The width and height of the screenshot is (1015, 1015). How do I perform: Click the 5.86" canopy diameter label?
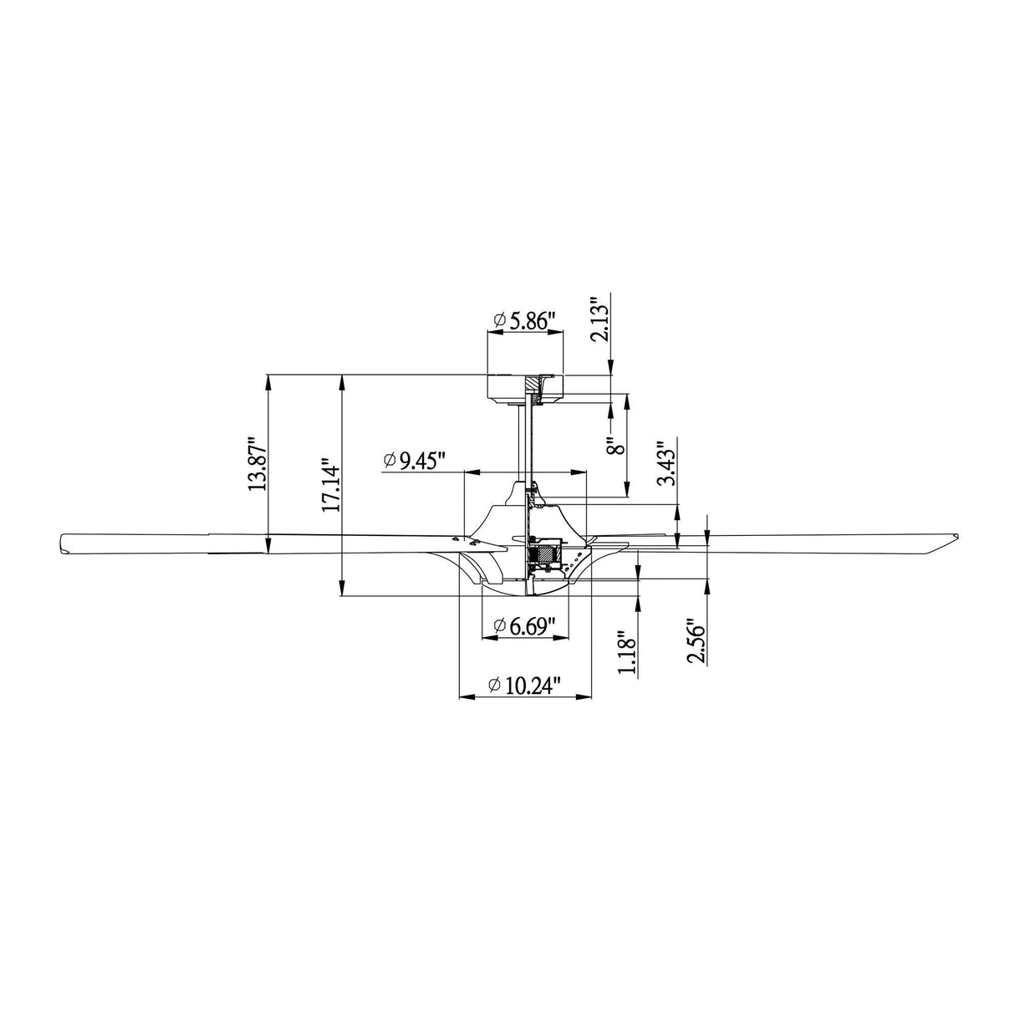tap(525, 321)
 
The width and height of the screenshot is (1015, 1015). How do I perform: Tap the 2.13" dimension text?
tap(599, 319)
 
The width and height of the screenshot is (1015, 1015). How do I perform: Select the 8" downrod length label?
tap(617, 446)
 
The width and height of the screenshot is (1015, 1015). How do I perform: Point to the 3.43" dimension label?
tap(666, 463)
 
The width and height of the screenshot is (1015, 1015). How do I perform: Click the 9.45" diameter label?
tap(415, 461)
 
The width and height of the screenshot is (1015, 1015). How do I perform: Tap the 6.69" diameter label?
tap(525, 626)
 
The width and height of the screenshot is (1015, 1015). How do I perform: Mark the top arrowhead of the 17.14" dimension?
tap(343, 381)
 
